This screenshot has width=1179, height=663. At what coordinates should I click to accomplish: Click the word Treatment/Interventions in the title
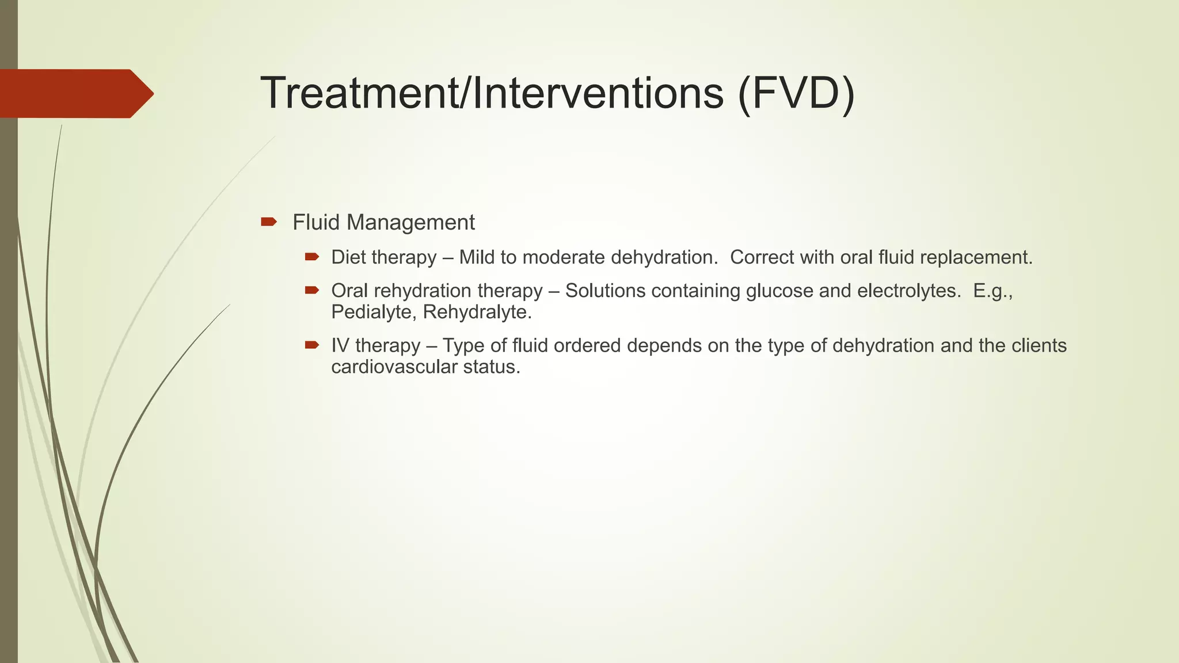click(492, 93)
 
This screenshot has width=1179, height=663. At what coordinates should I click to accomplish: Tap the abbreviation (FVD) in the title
click(796, 93)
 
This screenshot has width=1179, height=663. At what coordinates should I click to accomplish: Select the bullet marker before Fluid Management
click(268, 222)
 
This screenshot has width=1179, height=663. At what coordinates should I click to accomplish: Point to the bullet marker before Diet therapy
click(312, 257)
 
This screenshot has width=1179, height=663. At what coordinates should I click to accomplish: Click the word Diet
click(348, 257)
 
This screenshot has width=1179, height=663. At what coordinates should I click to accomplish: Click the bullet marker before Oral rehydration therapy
click(312, 290)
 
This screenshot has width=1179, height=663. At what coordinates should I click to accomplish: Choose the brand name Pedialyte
click(374, 312)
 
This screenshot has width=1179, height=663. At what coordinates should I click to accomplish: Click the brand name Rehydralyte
click(477, 312)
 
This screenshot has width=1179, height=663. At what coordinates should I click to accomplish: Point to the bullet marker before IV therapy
click(312, 345)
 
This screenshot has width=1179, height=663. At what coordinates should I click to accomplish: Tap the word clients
click(1039, 345)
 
